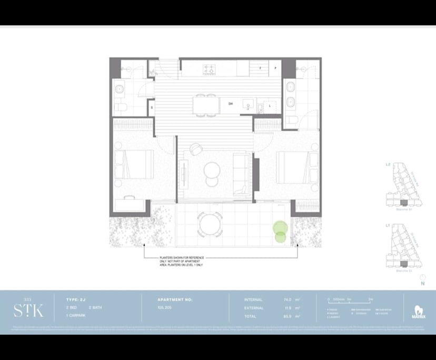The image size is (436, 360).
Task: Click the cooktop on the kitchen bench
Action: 209,68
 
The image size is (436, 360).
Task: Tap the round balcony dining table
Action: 210,224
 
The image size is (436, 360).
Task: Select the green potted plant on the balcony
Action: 280,232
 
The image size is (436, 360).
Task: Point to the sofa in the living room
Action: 242,172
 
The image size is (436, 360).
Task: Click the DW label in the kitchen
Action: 231,104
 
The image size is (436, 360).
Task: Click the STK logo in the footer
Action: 28,309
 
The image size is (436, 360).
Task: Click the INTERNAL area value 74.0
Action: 287,299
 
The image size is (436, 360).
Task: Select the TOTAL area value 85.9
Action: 287,316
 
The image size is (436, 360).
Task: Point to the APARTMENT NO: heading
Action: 175,299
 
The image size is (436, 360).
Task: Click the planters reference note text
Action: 181,262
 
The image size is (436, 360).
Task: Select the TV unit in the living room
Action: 184,173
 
